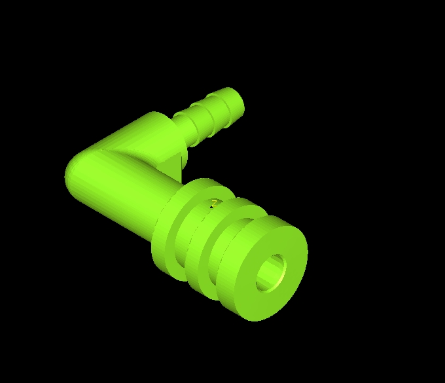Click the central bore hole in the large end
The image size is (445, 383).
271,273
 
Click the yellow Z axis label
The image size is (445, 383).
215,203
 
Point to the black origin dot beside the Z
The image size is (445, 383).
211,207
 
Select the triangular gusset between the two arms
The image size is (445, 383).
170,166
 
